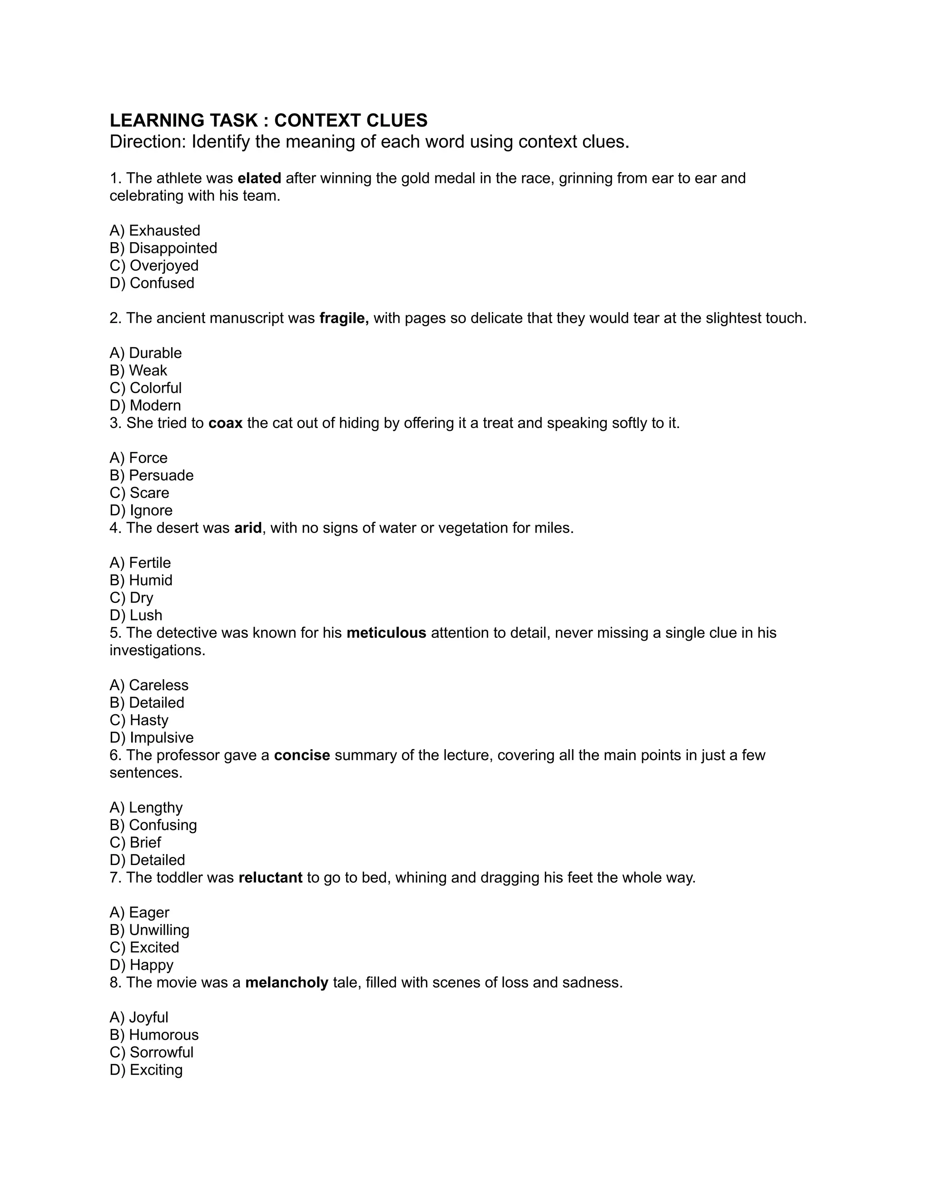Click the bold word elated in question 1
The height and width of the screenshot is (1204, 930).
[259, 178]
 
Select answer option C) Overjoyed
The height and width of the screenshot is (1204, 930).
[154, 265]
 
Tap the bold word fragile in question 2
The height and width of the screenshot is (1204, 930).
[343, 318]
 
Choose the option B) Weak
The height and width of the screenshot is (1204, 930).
[139, 370]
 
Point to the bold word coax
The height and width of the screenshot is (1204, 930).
[225, 423]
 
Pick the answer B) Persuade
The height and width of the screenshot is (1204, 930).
[152, 475]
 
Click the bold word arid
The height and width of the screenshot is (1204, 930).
[247, 527]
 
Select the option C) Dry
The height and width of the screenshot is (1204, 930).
[132, 597]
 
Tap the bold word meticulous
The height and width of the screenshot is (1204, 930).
[386, 632]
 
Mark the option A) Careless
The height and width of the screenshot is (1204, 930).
[149, 685]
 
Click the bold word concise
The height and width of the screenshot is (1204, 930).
[302, 755]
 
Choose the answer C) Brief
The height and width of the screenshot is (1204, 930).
[135, 842]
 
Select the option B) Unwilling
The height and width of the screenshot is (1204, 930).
[149, 930]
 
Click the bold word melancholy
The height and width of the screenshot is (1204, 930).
[287, 982]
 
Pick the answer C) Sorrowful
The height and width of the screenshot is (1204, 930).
[152, 1052]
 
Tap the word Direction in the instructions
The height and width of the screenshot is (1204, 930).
[146, 142]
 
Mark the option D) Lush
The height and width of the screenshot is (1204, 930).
[136, 615]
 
